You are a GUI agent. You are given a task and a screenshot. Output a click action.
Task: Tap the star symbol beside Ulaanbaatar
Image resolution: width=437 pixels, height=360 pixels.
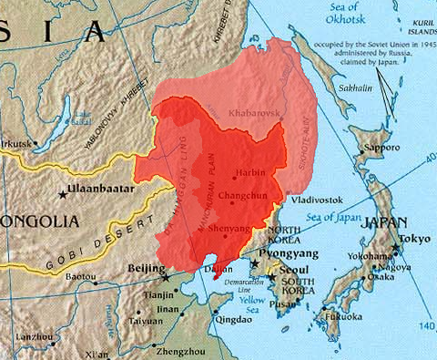click(x=63, y=194)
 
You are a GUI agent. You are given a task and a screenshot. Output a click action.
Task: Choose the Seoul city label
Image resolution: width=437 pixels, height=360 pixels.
click(x=292, y=272)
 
